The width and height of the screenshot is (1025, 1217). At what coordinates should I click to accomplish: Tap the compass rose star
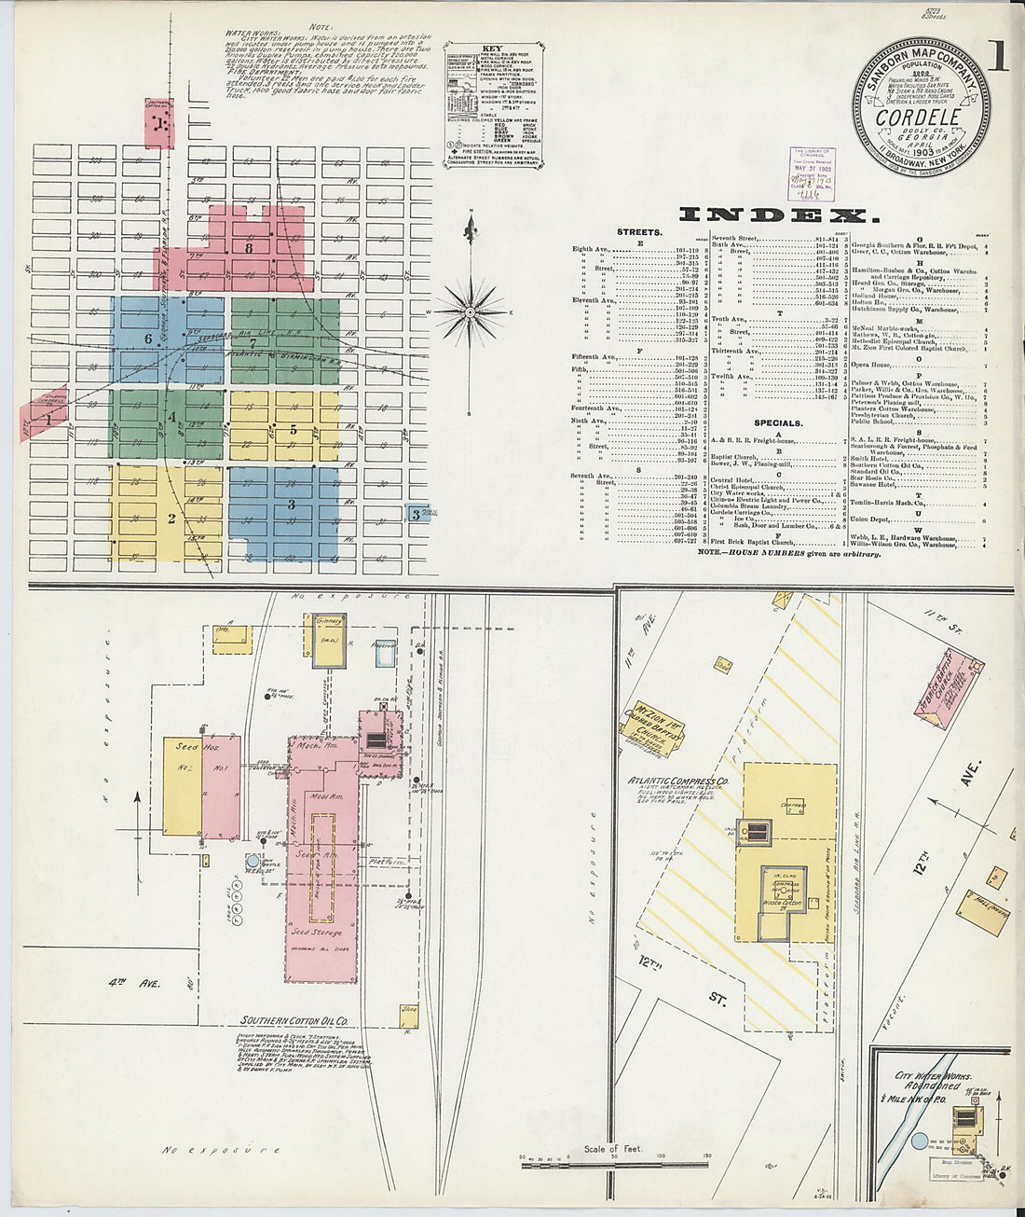click(471, 310)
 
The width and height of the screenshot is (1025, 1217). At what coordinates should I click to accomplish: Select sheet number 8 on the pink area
click(249, 248)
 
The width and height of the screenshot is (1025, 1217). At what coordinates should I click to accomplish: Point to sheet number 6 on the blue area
click(147, 338)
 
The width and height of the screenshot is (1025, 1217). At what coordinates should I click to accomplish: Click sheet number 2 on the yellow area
click(171, 519)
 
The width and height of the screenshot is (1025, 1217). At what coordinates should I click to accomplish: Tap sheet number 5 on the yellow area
click(293, 430)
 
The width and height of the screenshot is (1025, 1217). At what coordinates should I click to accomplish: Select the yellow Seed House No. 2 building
click(182, 786)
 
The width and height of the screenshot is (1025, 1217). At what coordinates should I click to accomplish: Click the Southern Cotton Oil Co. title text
click(295, 1021)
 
